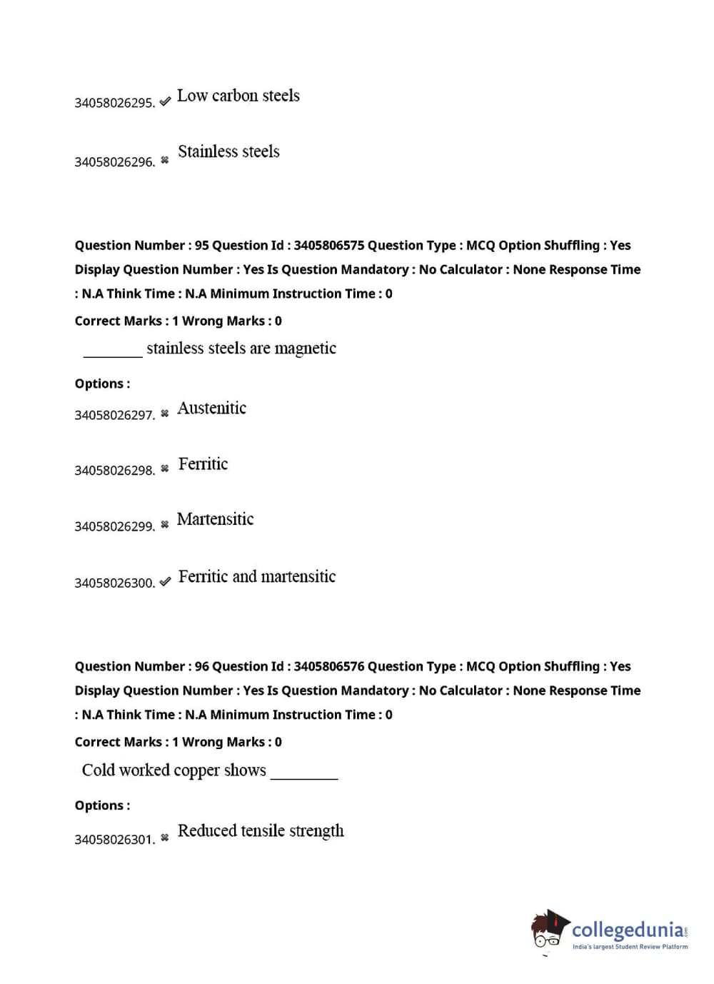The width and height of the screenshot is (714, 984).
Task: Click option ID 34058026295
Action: point(114,103)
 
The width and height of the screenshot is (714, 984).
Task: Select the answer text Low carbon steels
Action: point(238,96)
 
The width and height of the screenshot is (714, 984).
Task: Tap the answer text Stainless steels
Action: point(228,151)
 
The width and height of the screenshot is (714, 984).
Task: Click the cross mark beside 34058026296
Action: point(165,161)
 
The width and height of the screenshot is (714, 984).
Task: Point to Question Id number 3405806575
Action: point(328,246)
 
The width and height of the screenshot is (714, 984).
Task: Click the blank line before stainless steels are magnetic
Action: point(113,354)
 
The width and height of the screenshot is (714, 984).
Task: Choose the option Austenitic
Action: point(211,408)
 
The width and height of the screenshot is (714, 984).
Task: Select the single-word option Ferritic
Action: point(203,464)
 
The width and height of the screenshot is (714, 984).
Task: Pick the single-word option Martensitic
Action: point(215,519)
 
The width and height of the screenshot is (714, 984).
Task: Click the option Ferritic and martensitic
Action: point(256,576)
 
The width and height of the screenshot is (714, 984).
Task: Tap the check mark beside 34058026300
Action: point(165,582)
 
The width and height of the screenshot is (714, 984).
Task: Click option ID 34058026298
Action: point(114,471)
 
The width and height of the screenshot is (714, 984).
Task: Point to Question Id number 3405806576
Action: point(328,667)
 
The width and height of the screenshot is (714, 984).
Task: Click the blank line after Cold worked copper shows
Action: point(304,777)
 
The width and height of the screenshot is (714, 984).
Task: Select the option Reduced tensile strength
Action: point(261,830)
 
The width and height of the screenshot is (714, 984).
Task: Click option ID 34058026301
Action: point(114,840)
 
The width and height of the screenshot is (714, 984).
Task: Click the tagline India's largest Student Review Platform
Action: point(630,947)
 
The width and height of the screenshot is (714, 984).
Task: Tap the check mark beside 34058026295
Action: point(165,101)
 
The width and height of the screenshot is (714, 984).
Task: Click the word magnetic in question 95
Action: point(305,348)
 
